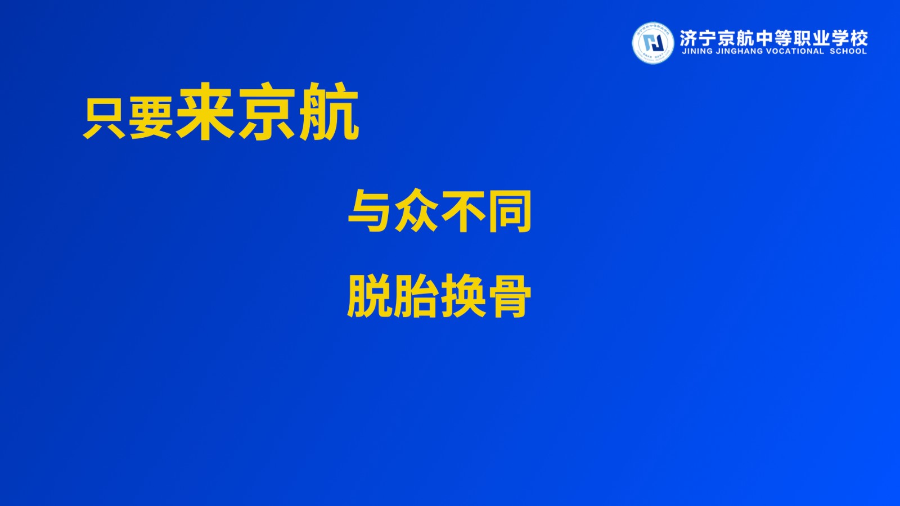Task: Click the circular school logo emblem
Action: coord(653,43)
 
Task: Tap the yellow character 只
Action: coord(104,119)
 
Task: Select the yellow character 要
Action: coord(151,119)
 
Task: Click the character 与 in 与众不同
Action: coord(370,211)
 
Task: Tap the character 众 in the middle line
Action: coord(417,211)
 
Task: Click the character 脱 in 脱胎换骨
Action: coord(370,296)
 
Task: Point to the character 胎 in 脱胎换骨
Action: coord(416,296)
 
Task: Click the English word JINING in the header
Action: coord(697,51)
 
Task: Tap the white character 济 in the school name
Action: coord(688,38)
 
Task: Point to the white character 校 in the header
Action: coord(859,38)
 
